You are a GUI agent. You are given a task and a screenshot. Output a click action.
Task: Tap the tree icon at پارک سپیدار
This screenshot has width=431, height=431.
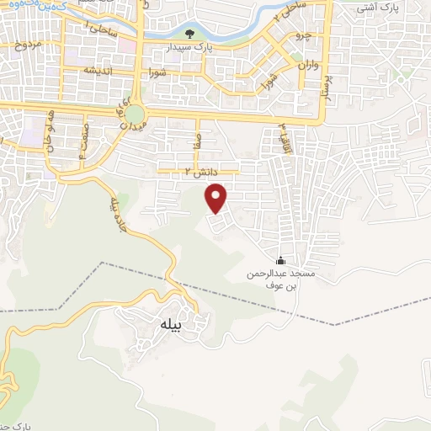[189, 35]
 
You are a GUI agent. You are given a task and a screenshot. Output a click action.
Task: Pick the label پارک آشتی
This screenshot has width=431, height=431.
[375, 8]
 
